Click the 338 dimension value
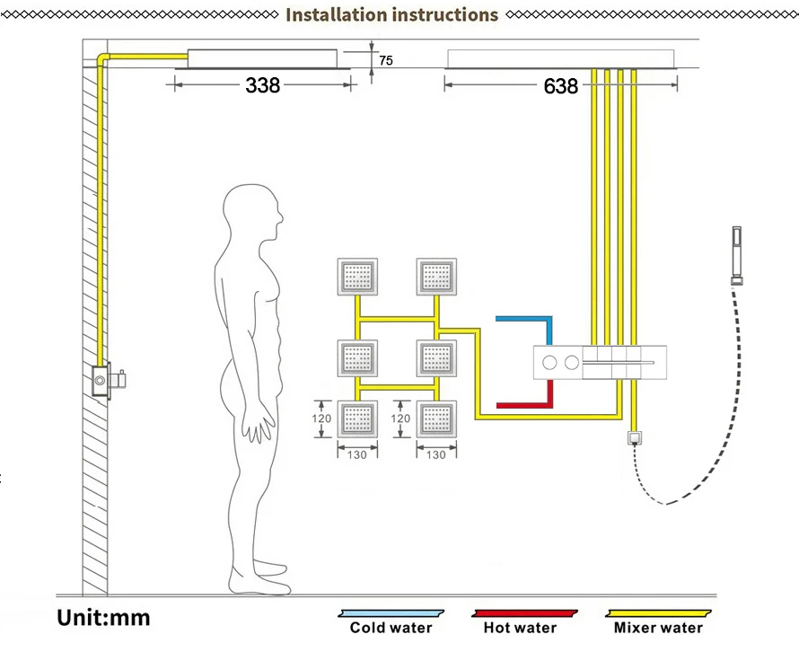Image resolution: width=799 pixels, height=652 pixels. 263,85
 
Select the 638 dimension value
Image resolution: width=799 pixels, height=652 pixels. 560,86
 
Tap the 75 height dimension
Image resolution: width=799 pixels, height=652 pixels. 386,61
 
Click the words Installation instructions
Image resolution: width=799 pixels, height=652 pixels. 391,14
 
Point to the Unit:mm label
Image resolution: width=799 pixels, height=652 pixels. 104,618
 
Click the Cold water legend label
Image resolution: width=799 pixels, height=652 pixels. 391,628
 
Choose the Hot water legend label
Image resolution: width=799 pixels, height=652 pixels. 520,628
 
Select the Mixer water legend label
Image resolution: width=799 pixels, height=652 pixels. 658,628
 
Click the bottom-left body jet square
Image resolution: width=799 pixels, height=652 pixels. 357,419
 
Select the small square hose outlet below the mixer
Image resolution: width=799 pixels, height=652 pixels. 635,438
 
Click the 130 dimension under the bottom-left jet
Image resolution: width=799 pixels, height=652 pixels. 357,455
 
